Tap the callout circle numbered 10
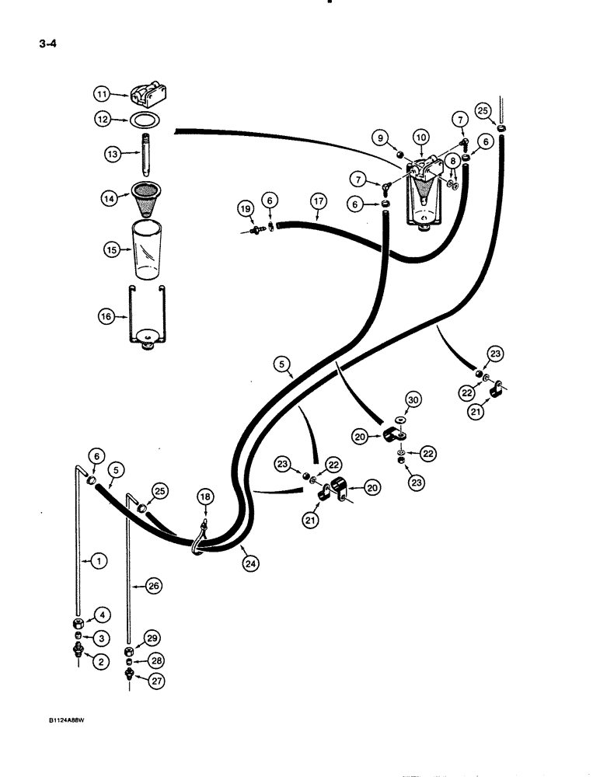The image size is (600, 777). point(420,138)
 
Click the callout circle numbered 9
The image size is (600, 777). point(381,138)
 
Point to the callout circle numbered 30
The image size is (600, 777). point(412,399)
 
